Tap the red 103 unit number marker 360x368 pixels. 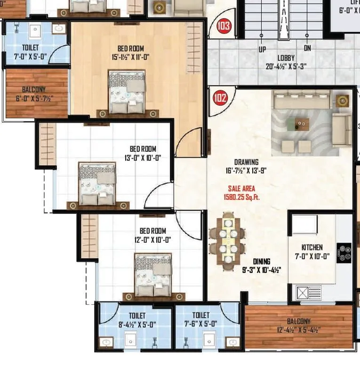(224, 25)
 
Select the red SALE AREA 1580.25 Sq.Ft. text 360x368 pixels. (241, 193)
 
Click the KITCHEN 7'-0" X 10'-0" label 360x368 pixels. (312, 252)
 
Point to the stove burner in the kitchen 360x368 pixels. (344, 253)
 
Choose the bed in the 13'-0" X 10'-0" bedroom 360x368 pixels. (97, 184)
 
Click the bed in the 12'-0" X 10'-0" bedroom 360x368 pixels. (153, 275)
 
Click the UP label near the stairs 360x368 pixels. (262, 49)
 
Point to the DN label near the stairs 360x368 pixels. (307, 49)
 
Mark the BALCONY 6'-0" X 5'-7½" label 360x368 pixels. (37, 94)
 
